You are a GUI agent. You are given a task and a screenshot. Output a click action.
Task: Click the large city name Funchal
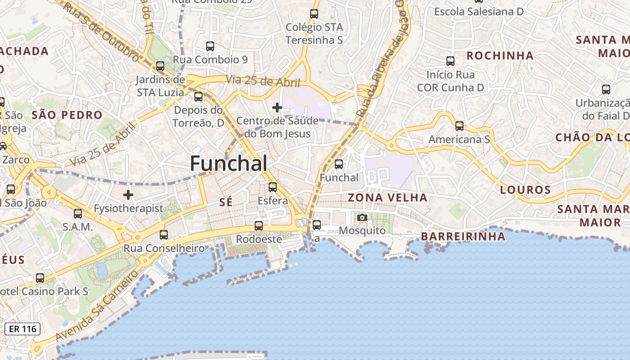pyautogui.click(x=229, y=163)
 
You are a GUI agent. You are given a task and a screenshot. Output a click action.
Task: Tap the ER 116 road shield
pyautogui.click(x=22, y=329)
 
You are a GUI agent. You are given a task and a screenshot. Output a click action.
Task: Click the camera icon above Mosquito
pyautogui.click(x=362, y=218)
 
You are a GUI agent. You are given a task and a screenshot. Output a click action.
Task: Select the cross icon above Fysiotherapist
pyautogui.click(x=128, y=195)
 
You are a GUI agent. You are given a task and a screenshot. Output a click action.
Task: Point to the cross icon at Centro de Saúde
pyautogui.click(x=277, y=108)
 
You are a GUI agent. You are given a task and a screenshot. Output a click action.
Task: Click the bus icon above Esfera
pyautogui.click(x=272, y=187)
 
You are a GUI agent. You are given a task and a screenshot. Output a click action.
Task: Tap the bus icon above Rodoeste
pyautogui.click(x=258, y=226)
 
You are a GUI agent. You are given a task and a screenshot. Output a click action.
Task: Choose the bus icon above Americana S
pyautogui.click(x=459, y=126)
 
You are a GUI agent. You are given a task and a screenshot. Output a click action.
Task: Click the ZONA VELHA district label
pyautogui.click(x=387, y=197)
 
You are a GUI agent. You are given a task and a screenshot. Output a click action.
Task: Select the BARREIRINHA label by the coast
pyautogui.click(x=463, y=236)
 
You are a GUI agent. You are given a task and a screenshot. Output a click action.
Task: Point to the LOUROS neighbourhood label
pyautogui.click(x=525, y=190)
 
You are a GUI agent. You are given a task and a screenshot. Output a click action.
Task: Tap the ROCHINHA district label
pyautogui.click(x=500, y=56)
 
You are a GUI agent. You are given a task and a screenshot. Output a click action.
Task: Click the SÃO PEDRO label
pyautogui.click(x=67, y=115)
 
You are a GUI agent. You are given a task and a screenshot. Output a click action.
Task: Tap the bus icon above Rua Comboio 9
pyautogui.click(x=210, y=46)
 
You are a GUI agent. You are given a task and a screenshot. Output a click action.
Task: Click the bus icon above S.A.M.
pyautogui.click(x=78, y=214)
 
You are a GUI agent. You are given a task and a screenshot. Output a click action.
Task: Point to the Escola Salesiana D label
pyautogui.click(x=479, y=12)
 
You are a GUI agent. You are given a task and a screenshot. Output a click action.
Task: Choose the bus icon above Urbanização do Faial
pyautogui.click(x=606, y=90)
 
